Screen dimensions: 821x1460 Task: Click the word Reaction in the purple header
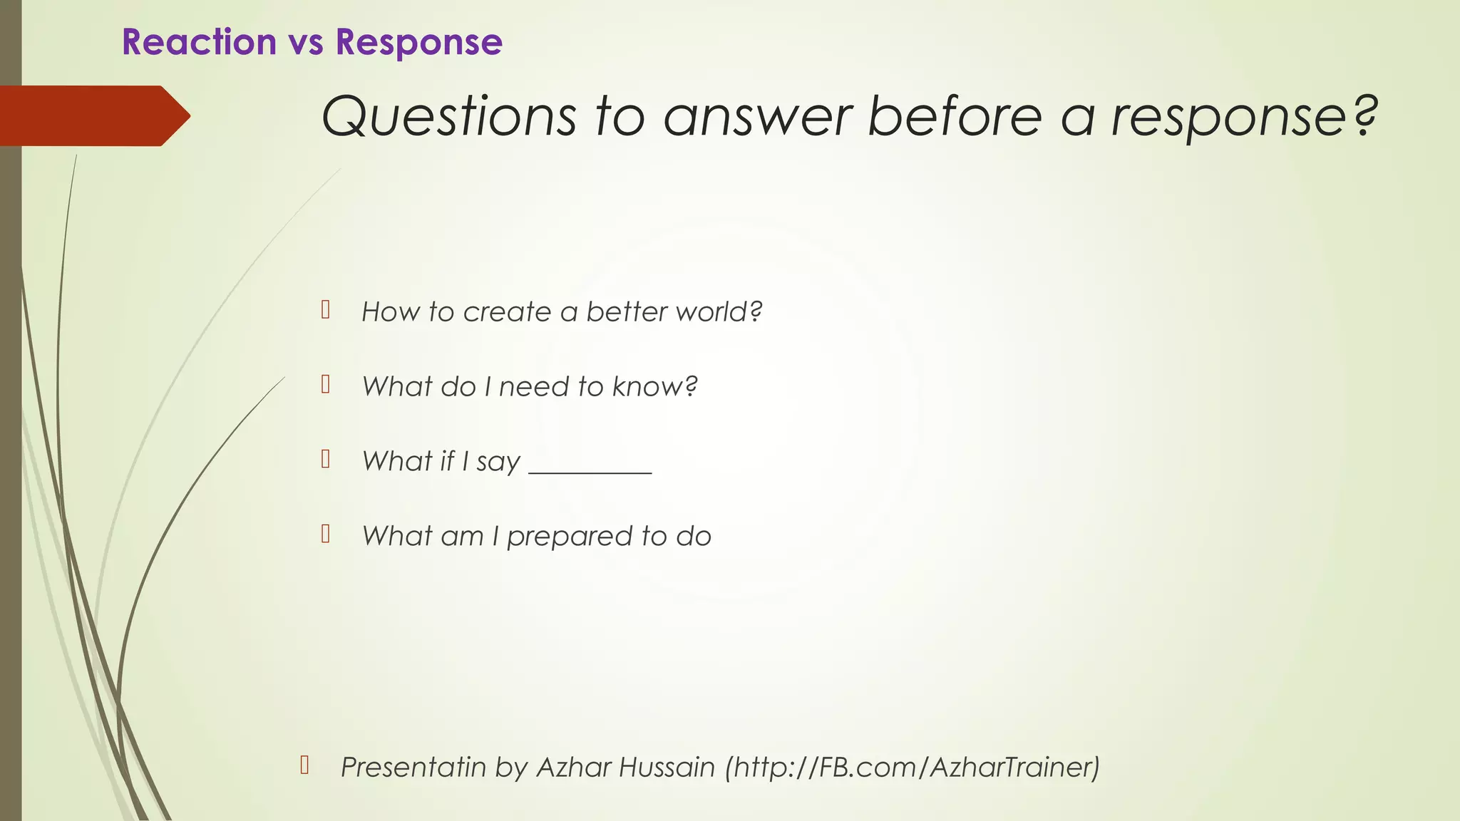point(199,42)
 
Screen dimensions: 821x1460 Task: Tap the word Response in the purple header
point(419,42)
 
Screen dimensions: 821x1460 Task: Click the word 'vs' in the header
point(306,43)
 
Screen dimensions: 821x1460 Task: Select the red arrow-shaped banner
point(93,115)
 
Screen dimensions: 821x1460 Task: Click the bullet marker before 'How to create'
point(326,310)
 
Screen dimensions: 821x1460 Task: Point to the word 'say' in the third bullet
point(498,463)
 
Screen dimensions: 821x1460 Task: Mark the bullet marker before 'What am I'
point(326,534)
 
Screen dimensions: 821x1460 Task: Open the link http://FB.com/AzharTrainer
point(912,768)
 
